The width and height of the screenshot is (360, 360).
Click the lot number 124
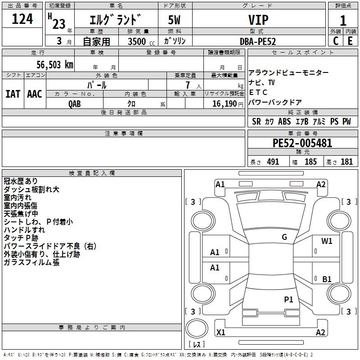tap(22, 19)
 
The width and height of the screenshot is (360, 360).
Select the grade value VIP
tap(258, 20)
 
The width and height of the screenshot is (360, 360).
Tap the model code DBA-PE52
tap(258, 41)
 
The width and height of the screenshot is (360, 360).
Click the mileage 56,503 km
tap(53, 64)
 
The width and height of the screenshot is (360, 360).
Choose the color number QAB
tap(75, 103)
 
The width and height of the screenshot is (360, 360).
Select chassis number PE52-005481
tap(302, 143)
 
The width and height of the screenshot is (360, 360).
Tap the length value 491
tap(273, 162)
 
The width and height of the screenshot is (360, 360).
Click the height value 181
tap(346, 162)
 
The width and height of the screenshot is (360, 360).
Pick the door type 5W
tap(175, 20)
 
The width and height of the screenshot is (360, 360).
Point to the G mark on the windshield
tap(284, 237)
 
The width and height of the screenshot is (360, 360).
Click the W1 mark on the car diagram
tap(327, 241)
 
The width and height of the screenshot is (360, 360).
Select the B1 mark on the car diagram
tap(327, 279)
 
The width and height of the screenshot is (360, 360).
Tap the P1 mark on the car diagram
tap(288, 299)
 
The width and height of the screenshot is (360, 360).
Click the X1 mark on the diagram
tap(220, 333)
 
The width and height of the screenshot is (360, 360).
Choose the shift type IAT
tap(13, 94)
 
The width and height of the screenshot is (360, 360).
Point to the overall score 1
tap(343, 20)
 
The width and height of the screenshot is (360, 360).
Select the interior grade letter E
tap(350, 41)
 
